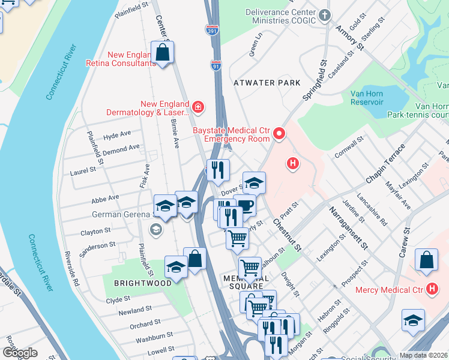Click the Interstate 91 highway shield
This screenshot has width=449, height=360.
click(215, 66)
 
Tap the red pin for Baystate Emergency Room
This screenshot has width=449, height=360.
click(279, 133)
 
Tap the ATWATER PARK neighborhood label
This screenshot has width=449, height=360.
click(267, 82)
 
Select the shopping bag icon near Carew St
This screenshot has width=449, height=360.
click(426, 260)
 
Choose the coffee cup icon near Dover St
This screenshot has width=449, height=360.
click(245, 206)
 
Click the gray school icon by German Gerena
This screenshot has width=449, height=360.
click(155, 229)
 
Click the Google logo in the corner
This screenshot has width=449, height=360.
click(20, 352)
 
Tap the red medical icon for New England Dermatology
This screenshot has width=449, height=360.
click(198, 107)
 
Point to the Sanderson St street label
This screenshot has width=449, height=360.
click(97, 246)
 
